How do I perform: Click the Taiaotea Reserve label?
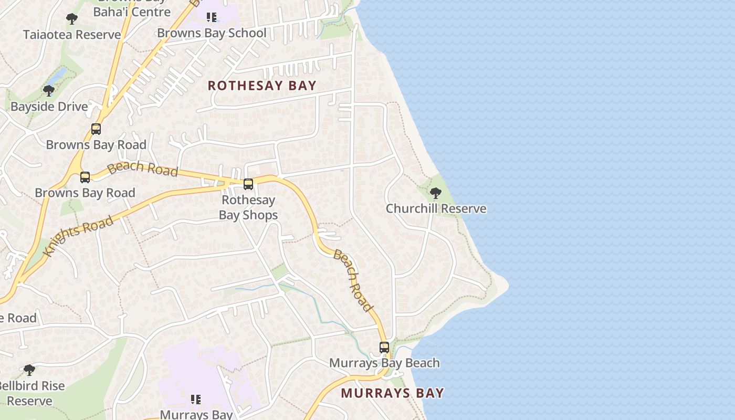click(x=72, y=35)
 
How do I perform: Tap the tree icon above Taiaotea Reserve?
click(x=72, y=19)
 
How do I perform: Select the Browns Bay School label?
click(x=212, y=33)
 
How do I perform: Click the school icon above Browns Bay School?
click(x=212, y=17)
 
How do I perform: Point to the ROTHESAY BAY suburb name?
click(x=262, y=86)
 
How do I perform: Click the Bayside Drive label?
click(x=49, y=107)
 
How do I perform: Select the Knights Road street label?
click(x=79, y=236)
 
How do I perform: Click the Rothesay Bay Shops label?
click(x=248, y=207)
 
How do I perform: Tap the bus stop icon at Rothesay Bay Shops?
click(x=248, y=184)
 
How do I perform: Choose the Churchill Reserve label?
click(x=436, y=208)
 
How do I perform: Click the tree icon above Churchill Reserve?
click(x=435, y=193)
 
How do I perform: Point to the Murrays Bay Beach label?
click(x=384, y=363)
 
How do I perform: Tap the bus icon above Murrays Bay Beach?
click(x=384, y=348)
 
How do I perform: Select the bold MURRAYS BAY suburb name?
click(x=392, y=393)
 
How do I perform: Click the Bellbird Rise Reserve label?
click(x=31, y=393)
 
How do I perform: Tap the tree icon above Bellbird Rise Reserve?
click(x=29, y=370)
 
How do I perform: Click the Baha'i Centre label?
click(x=132, y=12)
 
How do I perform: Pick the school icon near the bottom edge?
click(x=196, y=400)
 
